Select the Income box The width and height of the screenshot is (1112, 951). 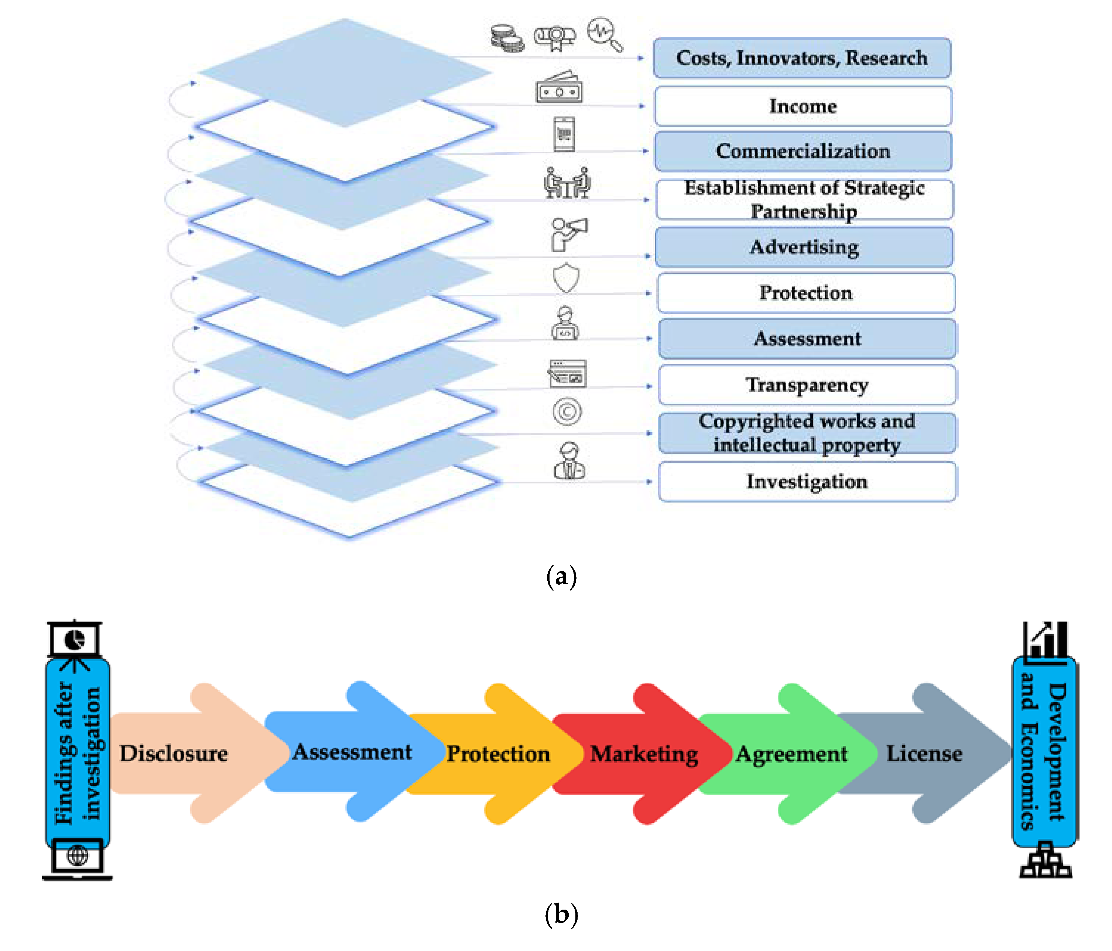click(x=803, y=106)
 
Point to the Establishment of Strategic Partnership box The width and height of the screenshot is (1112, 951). click(x=804, y=199)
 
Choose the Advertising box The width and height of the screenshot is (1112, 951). click(x=804, y=247)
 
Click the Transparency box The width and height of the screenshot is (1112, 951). click(x=807, y=384)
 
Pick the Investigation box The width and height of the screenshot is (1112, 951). click(x=807, y=481)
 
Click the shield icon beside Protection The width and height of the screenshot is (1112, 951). click(x=566, y=277)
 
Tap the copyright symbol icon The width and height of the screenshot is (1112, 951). click(x=567, y=412)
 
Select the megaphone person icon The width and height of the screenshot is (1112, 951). click(x=568, y=233)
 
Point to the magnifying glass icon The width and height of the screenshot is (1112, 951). click(x=605, y=34)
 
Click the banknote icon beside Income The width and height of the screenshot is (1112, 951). click(x=559, y=88)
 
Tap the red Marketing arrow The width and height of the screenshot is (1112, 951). click(x=644, y=753)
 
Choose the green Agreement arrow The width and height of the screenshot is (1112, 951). click(x=791, y=753)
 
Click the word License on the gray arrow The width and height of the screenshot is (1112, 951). click(x=924, y=753)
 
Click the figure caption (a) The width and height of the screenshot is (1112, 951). click(x=561, y=577)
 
